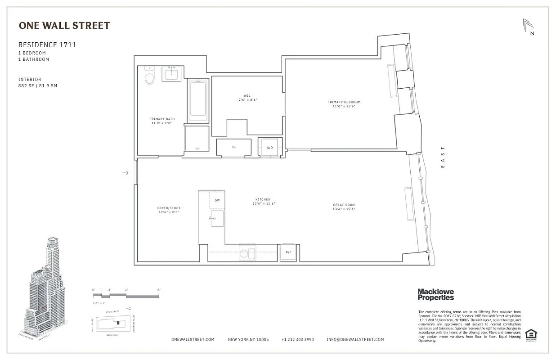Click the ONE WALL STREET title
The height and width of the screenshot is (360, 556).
[64, 26]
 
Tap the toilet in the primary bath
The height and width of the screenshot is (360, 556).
[149, 76]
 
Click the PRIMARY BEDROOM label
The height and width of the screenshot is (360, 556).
[344, 102]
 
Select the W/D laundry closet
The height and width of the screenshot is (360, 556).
[269, 147]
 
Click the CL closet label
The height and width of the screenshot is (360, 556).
[234, 147]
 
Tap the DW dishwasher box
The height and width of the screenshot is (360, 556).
[217, 200]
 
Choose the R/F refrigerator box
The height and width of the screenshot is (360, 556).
[288, 252]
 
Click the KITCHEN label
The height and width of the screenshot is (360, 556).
[263, 199]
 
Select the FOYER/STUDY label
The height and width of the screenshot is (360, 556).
[169, 208]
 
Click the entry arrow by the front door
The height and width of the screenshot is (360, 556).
[126, 173]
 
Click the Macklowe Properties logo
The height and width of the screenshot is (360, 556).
[435, 294]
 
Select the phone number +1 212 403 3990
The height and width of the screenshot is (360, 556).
[297, 340]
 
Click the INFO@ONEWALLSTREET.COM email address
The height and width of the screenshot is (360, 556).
[355, 340]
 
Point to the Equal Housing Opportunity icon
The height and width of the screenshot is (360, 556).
[531, 335]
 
